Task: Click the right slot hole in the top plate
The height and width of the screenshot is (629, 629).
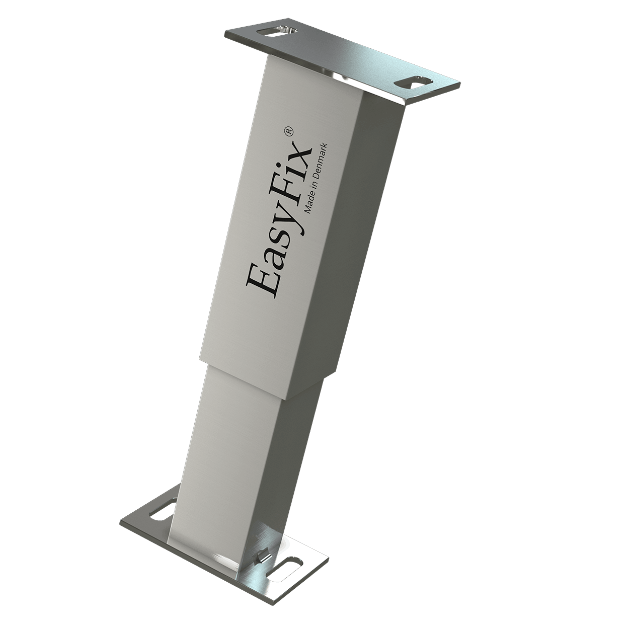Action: click(414, 83)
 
